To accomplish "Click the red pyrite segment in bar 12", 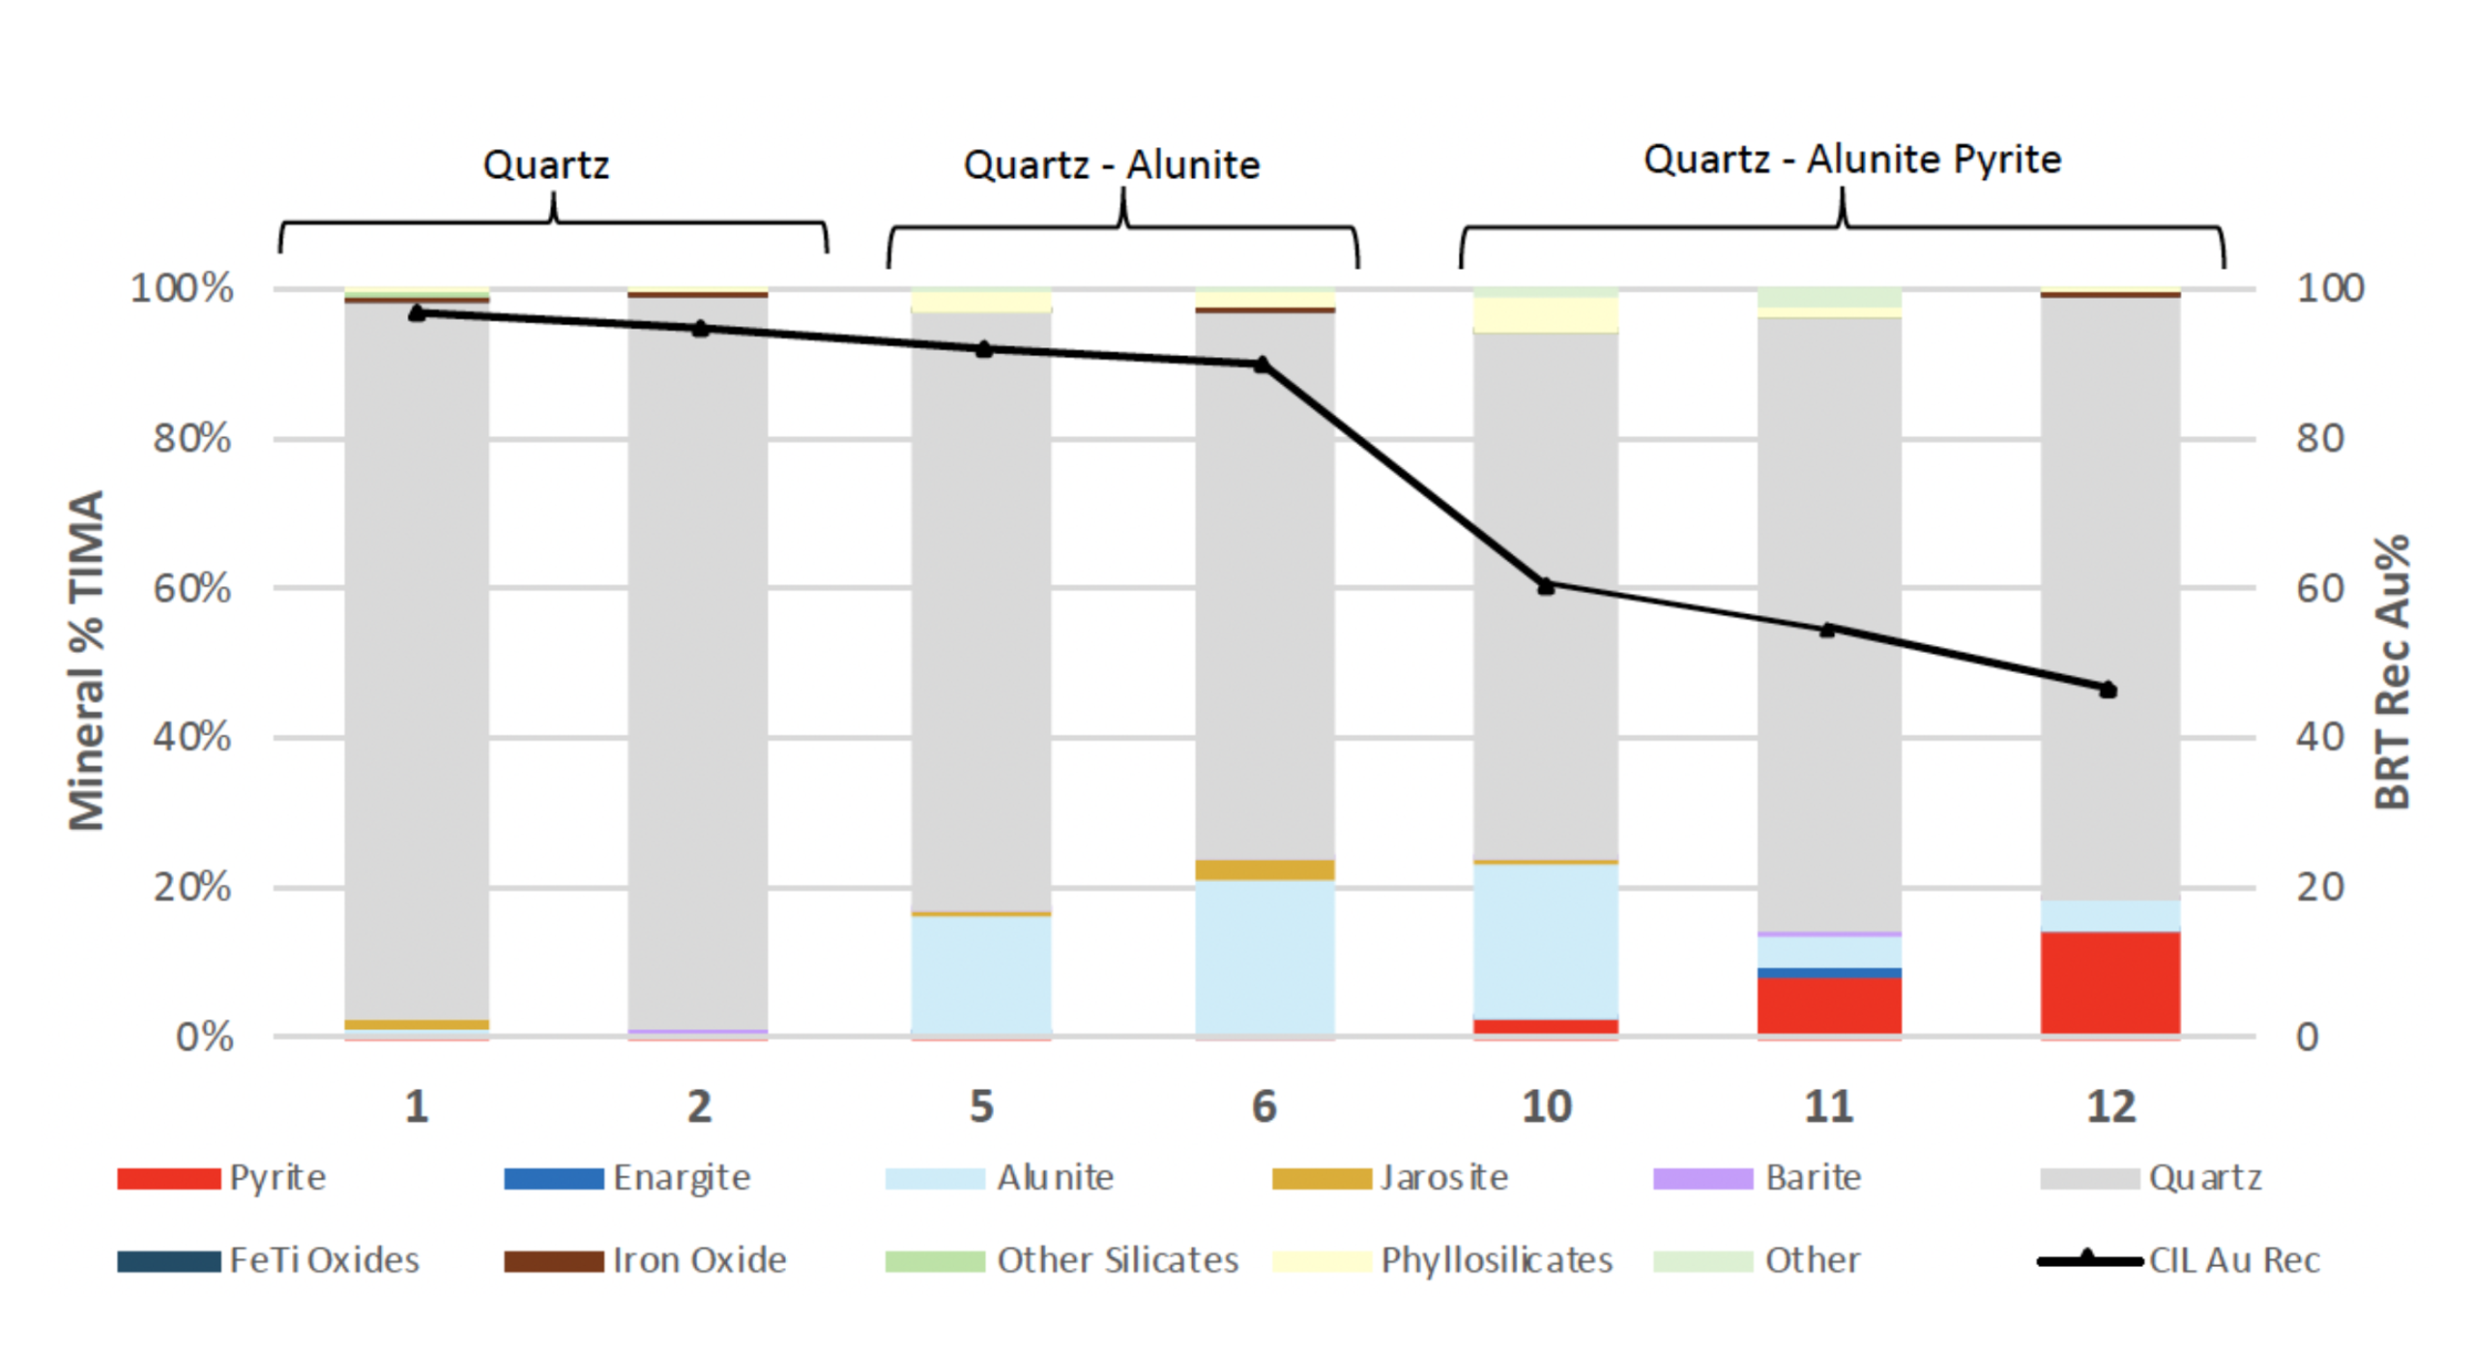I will point(2109,983).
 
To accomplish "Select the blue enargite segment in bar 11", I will point(1828,973).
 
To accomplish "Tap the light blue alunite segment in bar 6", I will point(1264,957).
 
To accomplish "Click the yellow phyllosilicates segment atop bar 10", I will point(1545,315).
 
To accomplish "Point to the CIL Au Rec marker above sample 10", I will point(1545,586).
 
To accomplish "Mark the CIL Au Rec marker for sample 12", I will point(2109,690).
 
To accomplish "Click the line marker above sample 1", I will point(417,313).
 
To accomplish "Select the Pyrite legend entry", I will point(221,1178).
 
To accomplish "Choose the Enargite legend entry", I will point(627,1178).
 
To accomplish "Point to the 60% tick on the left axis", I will point(191,588).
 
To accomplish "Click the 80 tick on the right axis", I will point(2319,438).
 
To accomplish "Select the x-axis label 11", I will point(1828,1106).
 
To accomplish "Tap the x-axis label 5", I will point(981,1106).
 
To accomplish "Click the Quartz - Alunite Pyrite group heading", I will point(1851,160).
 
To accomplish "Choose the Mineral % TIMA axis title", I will point(87,660).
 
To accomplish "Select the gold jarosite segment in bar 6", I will point(1264,869).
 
